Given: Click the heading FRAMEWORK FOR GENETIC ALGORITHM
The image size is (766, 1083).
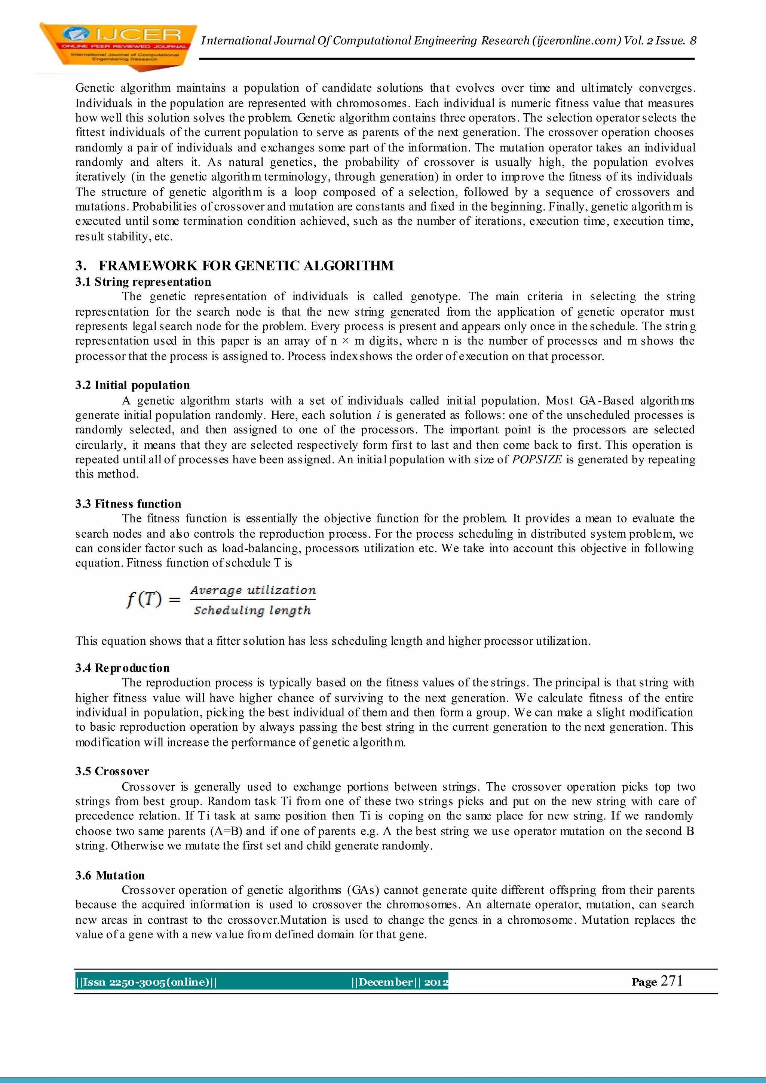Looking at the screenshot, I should tap(246, 266).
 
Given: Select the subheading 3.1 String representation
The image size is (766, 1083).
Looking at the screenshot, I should tap(143, 282).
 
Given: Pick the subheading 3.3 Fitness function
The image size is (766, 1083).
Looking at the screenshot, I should tap(128, 503).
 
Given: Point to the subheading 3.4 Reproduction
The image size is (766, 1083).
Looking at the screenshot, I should tap(122, 668).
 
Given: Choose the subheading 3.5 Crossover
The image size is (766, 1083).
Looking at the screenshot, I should tap(112, 771).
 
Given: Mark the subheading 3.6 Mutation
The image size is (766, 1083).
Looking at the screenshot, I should tap(110, 875).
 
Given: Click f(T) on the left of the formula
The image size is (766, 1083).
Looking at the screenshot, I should tap(144, 599).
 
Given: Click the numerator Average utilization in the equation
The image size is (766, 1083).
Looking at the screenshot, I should tap(253, 590).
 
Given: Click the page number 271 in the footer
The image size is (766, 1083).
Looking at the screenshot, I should tap(671, 981).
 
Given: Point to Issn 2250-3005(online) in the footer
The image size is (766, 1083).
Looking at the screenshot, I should tap(146, 982).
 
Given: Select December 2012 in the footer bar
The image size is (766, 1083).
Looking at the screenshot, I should tap(399, 982).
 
